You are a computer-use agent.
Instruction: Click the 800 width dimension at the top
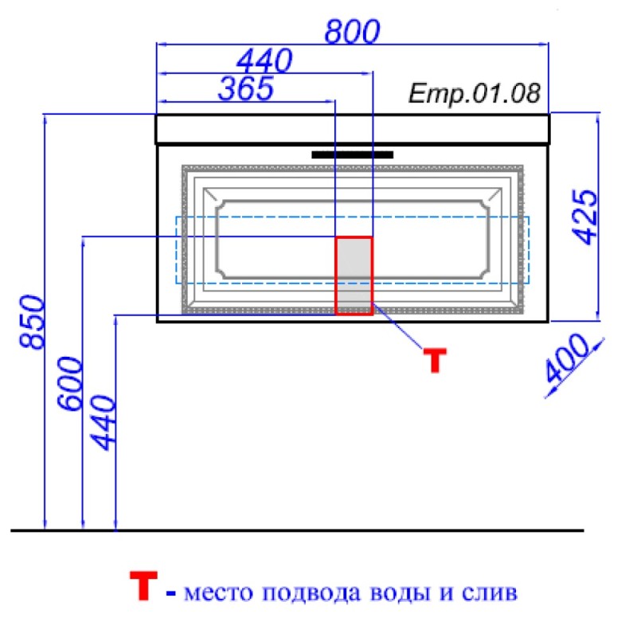pyautogui.click(x=352, y=31)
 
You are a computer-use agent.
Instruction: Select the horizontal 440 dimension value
pyautogui.click(x=264, y=61)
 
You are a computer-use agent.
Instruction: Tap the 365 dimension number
pyautogui.click(x=246, y=88)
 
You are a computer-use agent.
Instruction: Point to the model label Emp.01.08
pyautogui.click(x=475, y=93)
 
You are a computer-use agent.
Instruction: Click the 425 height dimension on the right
pyautogui.click(x=585, y=217)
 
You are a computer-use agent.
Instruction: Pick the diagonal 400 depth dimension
pyautogui.click(x=566, y=358)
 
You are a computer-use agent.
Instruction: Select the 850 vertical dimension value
pyautogui.click(x=32, y=322)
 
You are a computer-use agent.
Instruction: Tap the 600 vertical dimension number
pyautogui.click(x=69, y=384)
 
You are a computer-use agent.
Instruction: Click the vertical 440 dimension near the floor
pyautogui.click(x=104, y=423)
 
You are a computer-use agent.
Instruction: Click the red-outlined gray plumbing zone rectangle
pyautogui.click(x=354, y=276)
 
